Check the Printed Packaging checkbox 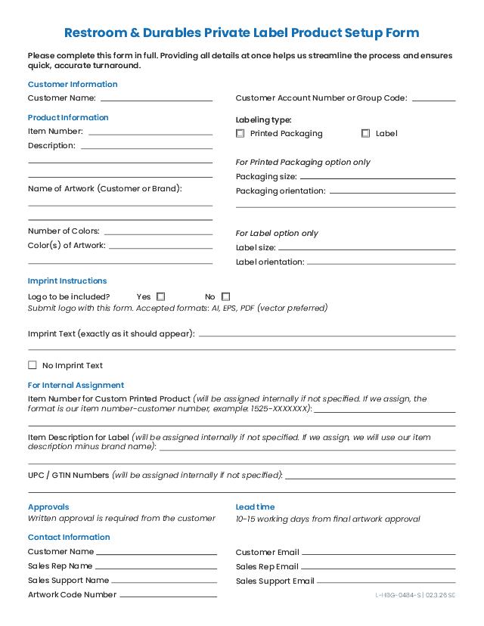(x=240, y=134)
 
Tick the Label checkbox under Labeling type (x=366, y=134)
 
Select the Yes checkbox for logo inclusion (x=161, y=297)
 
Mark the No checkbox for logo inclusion (x=226, y=297)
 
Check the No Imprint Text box (x=33, y=365)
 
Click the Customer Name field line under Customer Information (x=157, y=100)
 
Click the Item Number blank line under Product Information (x=150, y=134)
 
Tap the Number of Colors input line (x=158, y=234)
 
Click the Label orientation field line (x=381, y=264)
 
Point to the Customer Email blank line (x=378, y=554)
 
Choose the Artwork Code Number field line (x=168, y=597)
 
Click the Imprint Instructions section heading (x=67, y=281)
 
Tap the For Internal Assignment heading (x=76, y=386)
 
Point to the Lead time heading (x=255, y=507)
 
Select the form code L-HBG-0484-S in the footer (x=398, y=596)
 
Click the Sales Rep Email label (x=267, y=567)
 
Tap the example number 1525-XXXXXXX (x=279, y=408)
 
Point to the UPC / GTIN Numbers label (x=68, y=476)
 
